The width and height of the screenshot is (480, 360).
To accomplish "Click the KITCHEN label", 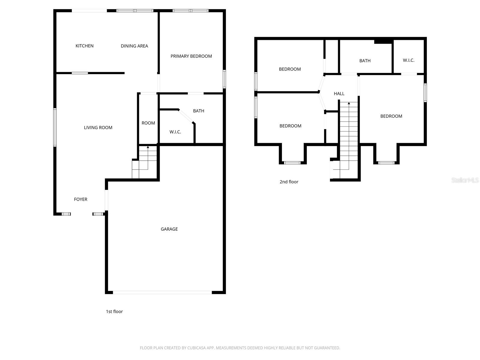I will point(84,46).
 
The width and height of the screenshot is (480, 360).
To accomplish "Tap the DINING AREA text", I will point(134,46).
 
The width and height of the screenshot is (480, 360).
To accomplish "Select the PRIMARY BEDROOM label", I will point(191,56).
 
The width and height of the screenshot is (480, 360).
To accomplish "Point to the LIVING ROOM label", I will point(98,127).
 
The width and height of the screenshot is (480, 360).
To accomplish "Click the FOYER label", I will point(80,199).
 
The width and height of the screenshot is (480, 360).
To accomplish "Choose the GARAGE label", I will point(169,229).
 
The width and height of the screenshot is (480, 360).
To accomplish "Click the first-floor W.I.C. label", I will point(175,132).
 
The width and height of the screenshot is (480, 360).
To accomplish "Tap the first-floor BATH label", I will point(198,111).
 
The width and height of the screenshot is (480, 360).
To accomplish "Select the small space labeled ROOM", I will point(148,123).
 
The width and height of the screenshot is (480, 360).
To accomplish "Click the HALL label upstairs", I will point(339,94).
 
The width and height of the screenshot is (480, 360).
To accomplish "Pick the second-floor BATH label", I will point(365,61).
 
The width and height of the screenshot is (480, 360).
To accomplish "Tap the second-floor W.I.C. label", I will point(408,60).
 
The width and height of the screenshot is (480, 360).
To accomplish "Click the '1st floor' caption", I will point(114,311).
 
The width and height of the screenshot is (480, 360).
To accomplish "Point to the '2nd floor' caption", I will point(289,181).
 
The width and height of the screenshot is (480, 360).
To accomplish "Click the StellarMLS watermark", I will point(465,180).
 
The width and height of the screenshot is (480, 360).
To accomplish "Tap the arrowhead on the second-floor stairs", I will point(349,103).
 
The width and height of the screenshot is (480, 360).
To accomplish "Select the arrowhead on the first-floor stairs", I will point(148,147).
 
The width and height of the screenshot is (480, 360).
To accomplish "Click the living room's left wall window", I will point(55,127).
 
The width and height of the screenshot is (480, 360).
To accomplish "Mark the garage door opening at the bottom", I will point(162,292).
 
